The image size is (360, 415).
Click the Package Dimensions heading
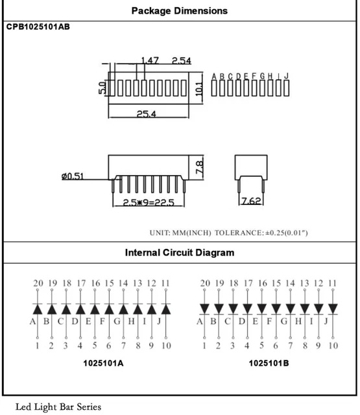click(x=180, y=11)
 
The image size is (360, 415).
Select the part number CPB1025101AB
click(x=38, y=27)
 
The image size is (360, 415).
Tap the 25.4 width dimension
click(x=147, y=114)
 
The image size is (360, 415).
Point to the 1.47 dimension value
click(x=150, y=60)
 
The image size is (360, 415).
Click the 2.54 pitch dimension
click(x=182, y=60)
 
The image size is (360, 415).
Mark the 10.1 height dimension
click(x=199, y=89)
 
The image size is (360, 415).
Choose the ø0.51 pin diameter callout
click(x=73, y=176)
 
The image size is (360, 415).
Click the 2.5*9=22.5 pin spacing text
click(x=149, y=202)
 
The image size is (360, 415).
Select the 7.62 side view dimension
click(x=251, y=201)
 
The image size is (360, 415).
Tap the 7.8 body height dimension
click(x=199, y=167)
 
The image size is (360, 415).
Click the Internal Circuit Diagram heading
click(x=180, y=252)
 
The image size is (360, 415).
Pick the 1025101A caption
click(x=103, y=363)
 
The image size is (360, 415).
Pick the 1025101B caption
click(x=269, y=363)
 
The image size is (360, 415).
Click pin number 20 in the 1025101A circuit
click(x=38, y=283)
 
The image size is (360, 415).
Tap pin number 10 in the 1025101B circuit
click(x=333, y=346)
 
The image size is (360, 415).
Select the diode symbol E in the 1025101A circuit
click(x=95, y=309)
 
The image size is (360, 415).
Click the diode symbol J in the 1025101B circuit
click(x=333, y=309)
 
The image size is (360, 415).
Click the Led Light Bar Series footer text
click(x=58, y=407)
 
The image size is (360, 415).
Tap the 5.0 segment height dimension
click(x=102, y=88)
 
